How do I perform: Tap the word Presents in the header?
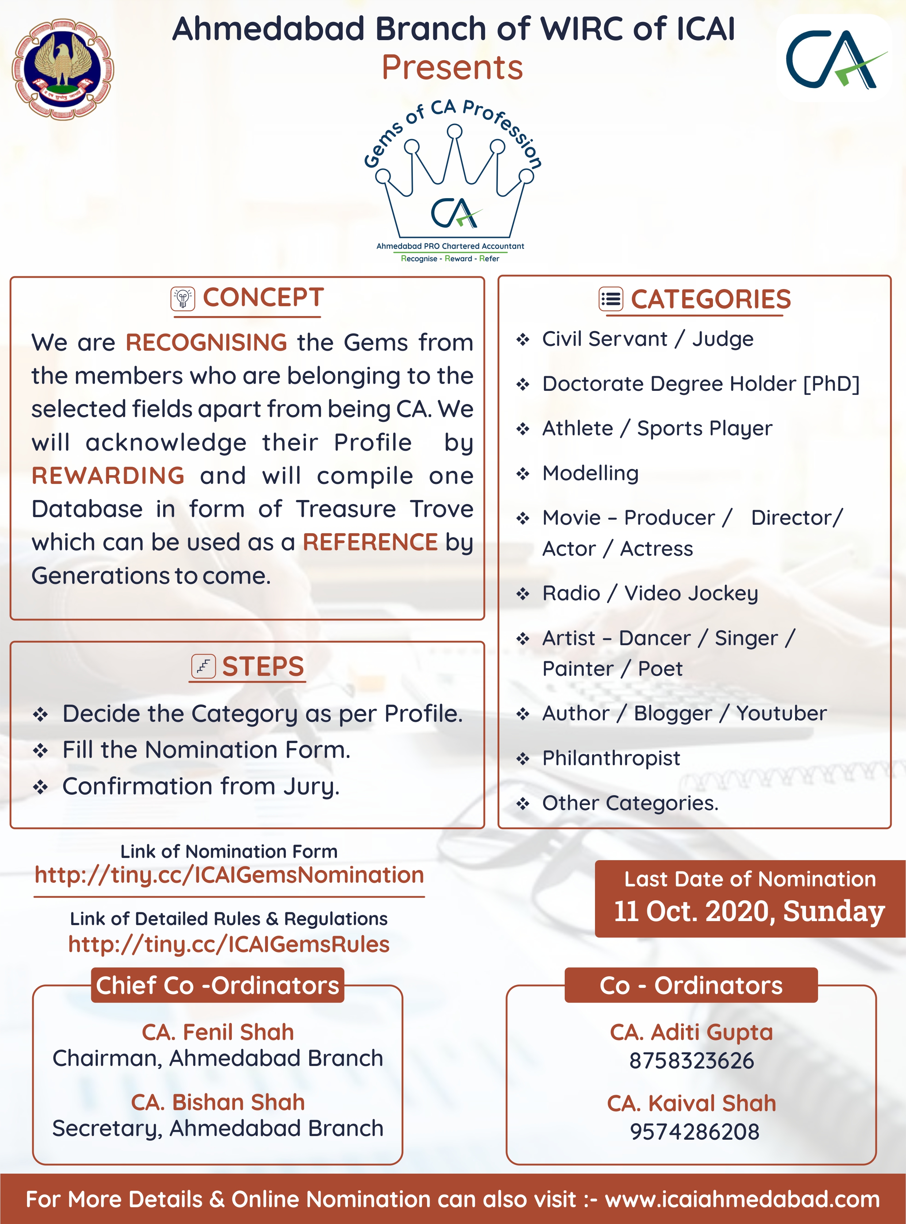(452, 68)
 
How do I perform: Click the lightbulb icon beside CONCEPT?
(183, 299)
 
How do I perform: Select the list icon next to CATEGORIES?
(611, 299)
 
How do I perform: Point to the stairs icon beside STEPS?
(203, 666)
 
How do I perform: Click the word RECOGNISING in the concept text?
(206, 343)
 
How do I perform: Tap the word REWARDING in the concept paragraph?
(108, 476)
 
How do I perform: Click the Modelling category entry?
(590, 473)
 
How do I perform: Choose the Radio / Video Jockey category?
(650, 593)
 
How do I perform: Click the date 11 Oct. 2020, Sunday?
(749, 911)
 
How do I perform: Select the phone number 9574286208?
(694, 1131)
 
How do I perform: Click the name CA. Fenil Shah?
(218, 1032)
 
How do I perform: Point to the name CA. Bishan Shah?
(218, 1102)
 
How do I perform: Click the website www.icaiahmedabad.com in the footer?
(742, 1199)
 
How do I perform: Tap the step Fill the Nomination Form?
(206, 750)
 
